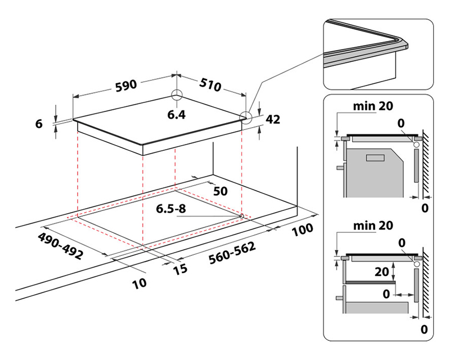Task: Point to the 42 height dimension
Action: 273,119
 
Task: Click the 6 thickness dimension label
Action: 39,124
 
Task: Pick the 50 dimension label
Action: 220,191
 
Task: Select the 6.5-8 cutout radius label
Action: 172,209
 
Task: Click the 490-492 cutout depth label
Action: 61,245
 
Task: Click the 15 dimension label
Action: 180,271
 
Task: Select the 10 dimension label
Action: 139,282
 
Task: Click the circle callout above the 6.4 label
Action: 178,95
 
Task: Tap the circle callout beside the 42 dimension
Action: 245,118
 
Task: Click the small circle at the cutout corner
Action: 241,215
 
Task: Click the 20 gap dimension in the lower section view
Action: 383,272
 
